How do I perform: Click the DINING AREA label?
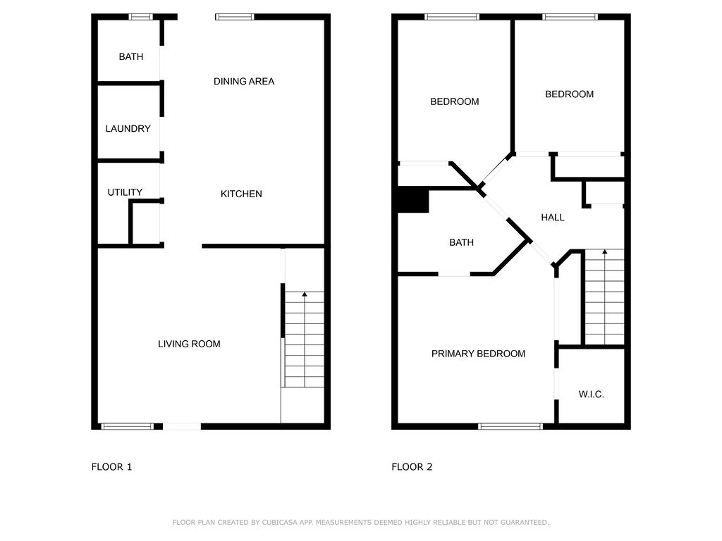(x=244, y=82)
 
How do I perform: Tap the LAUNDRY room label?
(x=128, y=129)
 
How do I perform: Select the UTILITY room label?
(x=125, y=192)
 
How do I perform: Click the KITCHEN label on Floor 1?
(x=241, y=194)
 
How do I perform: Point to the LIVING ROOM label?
(x=189, y=344)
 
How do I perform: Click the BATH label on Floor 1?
(x=130, y=56)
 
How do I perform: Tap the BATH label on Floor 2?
(x=461, y=242)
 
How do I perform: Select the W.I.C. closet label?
(x=591, y=394)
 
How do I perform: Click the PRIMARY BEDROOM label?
(x=478, y=354)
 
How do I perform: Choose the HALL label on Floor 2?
(x=553, y=218)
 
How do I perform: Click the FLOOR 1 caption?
(x=111, y=467)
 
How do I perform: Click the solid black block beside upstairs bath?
(x=413, y=200)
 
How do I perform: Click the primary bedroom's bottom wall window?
(x=510, y=425)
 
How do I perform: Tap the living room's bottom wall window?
(x=128, y=425)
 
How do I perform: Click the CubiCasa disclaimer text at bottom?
(x=360, y=523)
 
